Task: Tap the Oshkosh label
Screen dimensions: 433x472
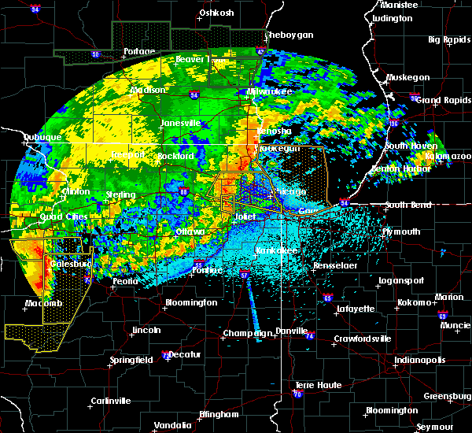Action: [x=217, y=13]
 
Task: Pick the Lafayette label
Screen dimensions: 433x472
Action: [x=355, y=309]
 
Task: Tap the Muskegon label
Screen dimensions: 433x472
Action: [x=408, y=77]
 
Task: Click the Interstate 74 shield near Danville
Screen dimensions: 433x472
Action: [x=309, y=336]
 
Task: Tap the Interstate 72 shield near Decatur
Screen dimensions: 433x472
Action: [x=163, y=356]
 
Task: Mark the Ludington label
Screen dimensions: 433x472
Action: [x=393, y=18]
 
